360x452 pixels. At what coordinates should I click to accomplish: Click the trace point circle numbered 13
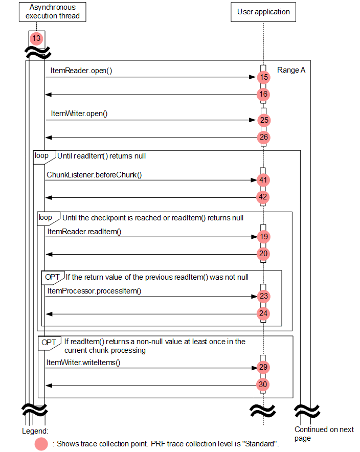pyautogui.click(x=36, y=38)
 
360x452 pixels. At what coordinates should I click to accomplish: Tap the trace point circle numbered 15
pyautogui.click(x=263, y=78)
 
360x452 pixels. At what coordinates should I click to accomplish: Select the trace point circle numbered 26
pyautogui.click(x=263, y=138)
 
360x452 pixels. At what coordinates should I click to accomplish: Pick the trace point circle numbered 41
pyautogui.click(x=263, y=180)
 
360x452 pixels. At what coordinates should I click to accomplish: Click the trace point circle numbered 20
pyautogui.click(x=263, y=254)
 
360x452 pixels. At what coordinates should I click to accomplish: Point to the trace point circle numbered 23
pyautogui.click(x=263, y=297)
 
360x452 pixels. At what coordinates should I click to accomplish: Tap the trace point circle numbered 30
pyautogui.click(x=263, y=385)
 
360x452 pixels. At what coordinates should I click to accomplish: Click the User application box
pyautogui.click(x=263, y=12)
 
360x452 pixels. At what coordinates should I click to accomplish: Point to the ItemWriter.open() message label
pyautogui.click(x=79, y=113)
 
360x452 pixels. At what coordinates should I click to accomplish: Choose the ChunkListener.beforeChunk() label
pyautogui.click(x=94, y=174)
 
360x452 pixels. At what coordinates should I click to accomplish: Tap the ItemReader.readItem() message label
pyautogui.click(x=84, y=232)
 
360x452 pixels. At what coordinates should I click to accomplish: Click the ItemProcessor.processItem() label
pyautogui.click(x=94, y=291)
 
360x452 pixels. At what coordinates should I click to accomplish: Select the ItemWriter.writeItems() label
pyautogui.click(x=83, y=363)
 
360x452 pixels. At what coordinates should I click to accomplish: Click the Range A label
pyautogui.click(x=291, y=70)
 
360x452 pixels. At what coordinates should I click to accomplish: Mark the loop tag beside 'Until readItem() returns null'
pyautogui.click(x=41, y=155)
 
